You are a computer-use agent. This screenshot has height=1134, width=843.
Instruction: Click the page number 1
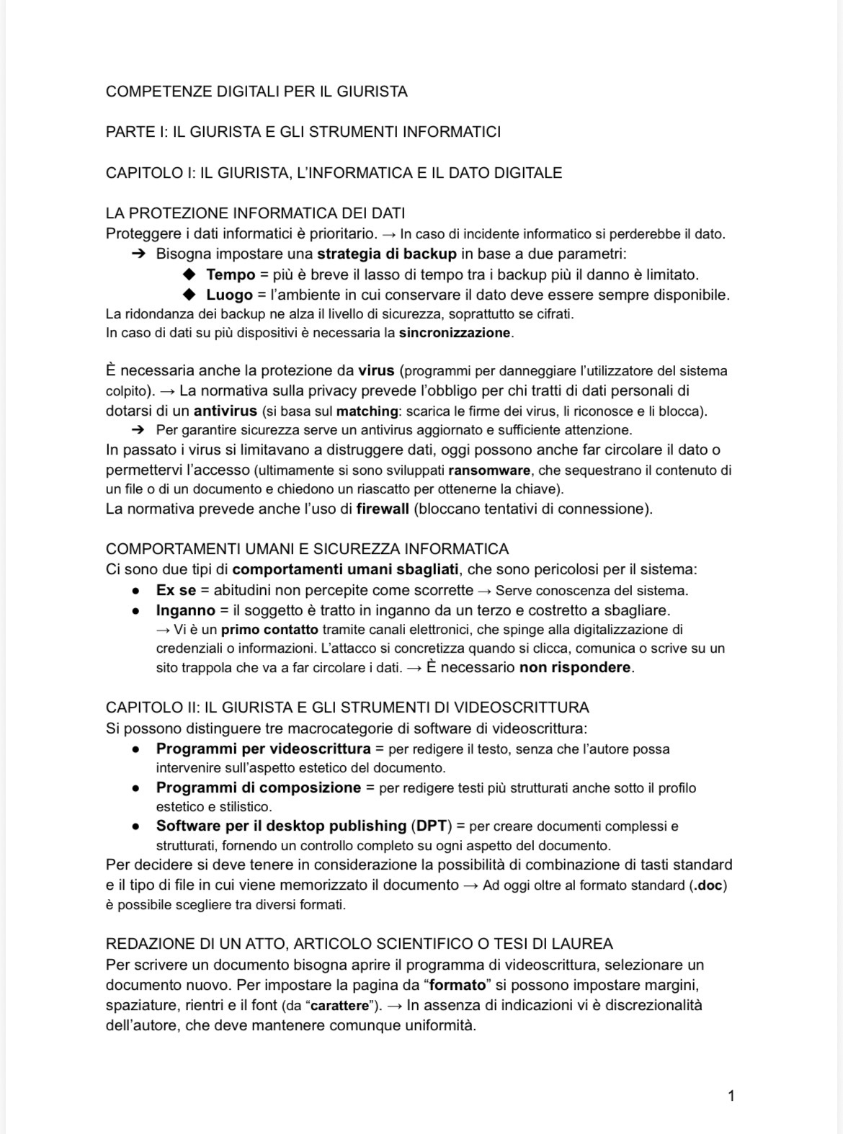[x=731, y=1096]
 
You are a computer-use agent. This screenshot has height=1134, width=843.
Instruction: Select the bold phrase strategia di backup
[x=386, y=254]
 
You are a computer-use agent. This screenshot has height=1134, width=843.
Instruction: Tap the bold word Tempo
[x=231, y=274]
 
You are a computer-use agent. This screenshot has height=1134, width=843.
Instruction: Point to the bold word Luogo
[x=229, y=295]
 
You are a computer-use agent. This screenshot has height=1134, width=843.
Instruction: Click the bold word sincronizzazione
[x=455, y=333]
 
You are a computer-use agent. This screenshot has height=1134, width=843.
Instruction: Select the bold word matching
[x=367, y=411]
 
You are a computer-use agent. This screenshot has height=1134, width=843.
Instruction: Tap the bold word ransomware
[x=490, y=470]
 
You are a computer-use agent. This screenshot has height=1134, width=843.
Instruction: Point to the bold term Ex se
[x=176, y=590]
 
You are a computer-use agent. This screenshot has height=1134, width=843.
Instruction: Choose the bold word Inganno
[x=186, y=610]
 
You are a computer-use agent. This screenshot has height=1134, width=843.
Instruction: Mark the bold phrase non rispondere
[x=575, y=667]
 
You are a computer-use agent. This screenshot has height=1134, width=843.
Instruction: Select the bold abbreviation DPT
[x=432, y=826]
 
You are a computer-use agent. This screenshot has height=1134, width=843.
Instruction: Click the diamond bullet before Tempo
[x=189, y=274]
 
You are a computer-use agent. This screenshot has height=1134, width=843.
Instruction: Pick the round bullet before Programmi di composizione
[x=135, y=788]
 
